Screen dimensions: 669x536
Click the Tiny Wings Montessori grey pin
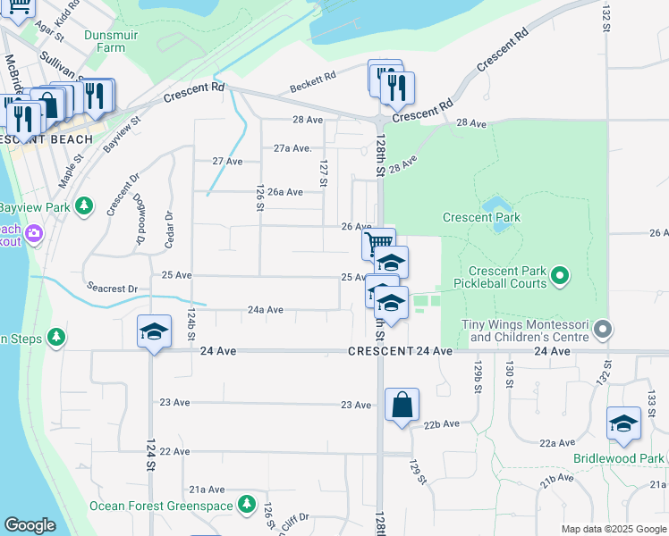click(x=603, y=331)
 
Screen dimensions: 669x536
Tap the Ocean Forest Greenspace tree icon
click(x=247, y=505)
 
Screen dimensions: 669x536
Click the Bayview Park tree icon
click(x=84, y=207)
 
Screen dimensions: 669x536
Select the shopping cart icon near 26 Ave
click(x=378, y=242)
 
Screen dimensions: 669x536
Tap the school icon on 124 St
click(x=154, y=332)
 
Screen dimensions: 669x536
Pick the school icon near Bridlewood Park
click(x=622, y=423)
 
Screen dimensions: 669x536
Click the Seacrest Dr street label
click(x=112, y=289)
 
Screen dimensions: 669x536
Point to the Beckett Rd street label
click(x=313, y=83)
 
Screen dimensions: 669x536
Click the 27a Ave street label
click(x=292, y=148)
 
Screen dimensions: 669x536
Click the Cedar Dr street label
click(x=167, y=230)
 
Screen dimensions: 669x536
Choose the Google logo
click(x=30, y=525)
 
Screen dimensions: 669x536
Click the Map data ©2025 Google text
click(x=613, y=529)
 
